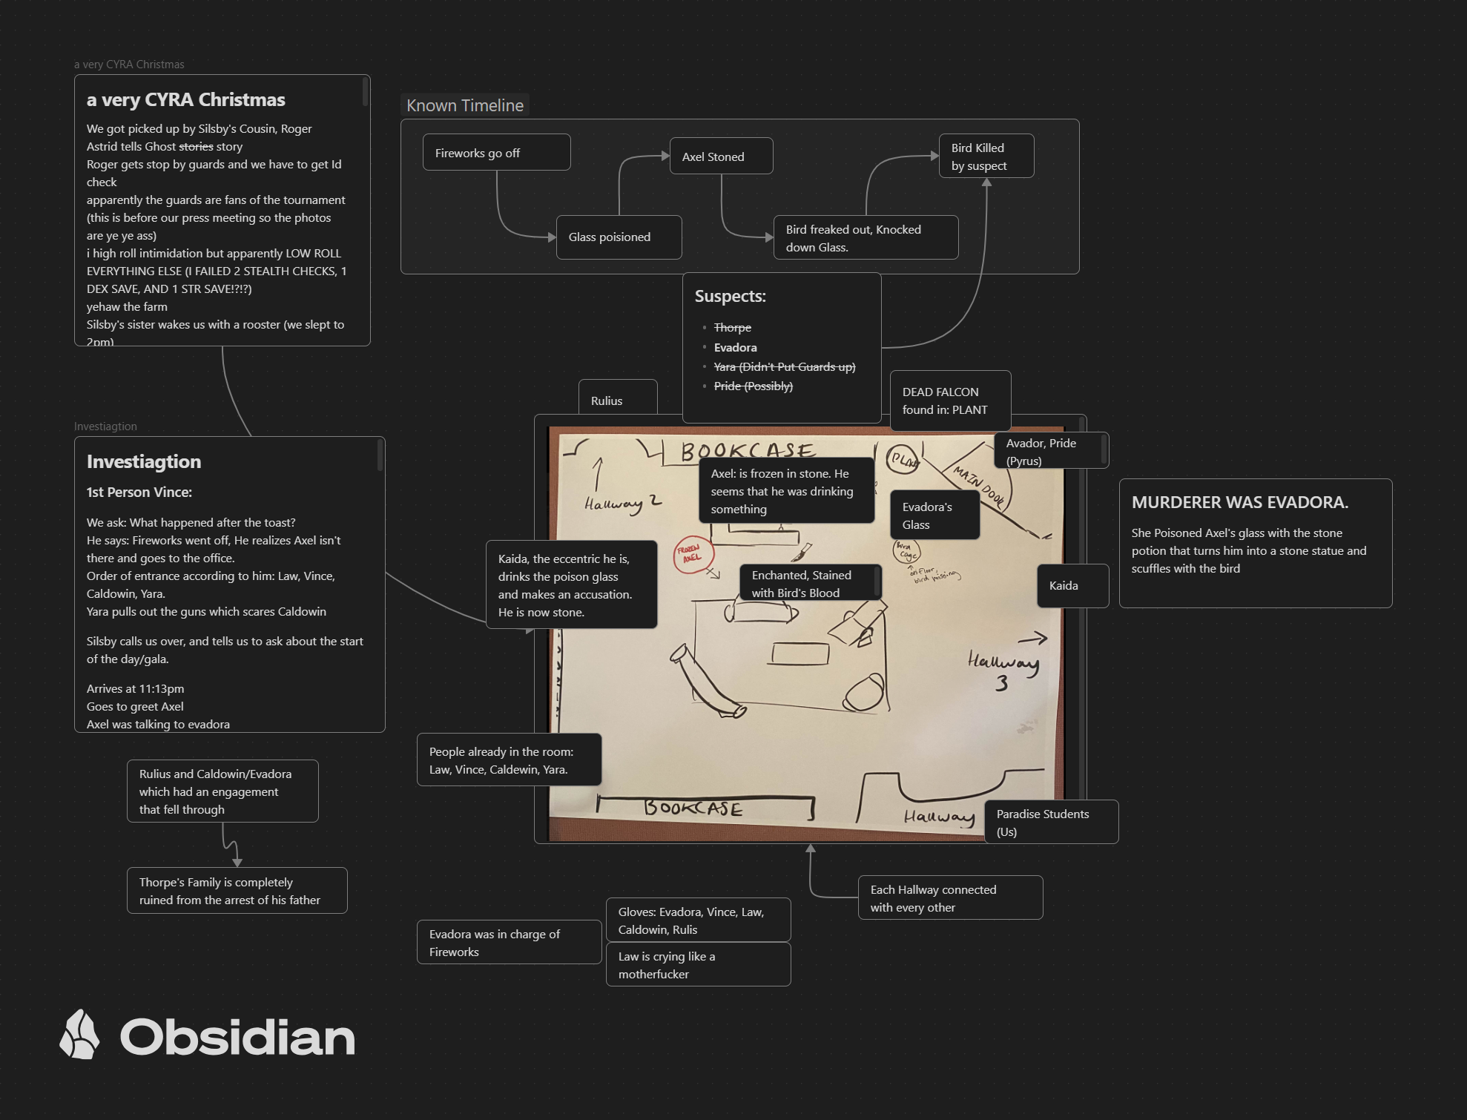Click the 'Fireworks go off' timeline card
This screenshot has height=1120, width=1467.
tap(496, 153)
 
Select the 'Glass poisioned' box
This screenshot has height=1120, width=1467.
tap(619, 237)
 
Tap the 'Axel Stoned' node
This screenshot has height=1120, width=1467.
tap(721, 157)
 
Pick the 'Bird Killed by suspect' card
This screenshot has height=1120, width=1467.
tap(986, 157)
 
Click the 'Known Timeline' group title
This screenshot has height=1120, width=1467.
tap(465, 105)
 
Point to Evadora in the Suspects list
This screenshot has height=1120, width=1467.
tap(735, 347)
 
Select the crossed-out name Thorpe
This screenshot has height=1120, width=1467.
tap(732, 327)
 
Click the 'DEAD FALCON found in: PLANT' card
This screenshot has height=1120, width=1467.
tap(950, 401)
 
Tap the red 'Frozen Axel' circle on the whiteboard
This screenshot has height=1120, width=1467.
tap(693, 553)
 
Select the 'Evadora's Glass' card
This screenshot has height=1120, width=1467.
tap(934, 515)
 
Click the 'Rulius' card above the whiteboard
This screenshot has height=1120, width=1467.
tap(617, 401)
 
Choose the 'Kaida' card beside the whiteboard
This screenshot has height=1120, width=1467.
tap(1072, 586)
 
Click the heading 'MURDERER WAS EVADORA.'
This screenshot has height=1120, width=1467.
tap(1239, 502)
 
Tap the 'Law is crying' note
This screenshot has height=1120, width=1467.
tap(698, 965)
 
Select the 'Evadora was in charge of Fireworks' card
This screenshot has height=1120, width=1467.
tap(509, 943)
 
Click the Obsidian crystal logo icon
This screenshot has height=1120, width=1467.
tap(80, 1034)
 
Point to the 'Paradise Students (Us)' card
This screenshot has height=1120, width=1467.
tap(1050, 823)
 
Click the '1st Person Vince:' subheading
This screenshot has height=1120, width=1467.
tap(139, 492)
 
